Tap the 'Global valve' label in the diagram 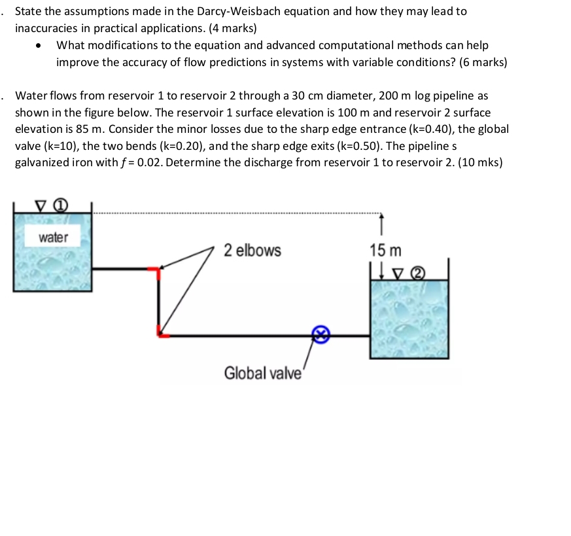263,373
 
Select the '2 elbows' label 252,250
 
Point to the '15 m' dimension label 385,250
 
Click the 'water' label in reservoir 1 54,238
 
